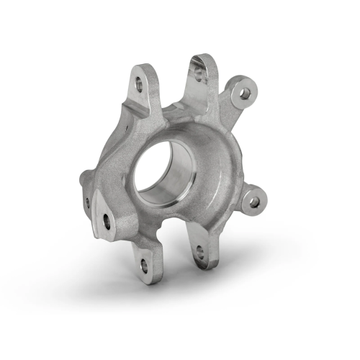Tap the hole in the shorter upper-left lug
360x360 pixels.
[x=138, y=84]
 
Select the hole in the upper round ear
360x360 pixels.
[x=245, y=93]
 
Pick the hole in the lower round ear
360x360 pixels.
[x=254, y=202]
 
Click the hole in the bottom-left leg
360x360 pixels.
[x=144, y=266]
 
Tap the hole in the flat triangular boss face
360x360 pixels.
[x=107, y=221]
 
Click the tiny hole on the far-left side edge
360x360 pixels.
[x=88, y=202]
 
